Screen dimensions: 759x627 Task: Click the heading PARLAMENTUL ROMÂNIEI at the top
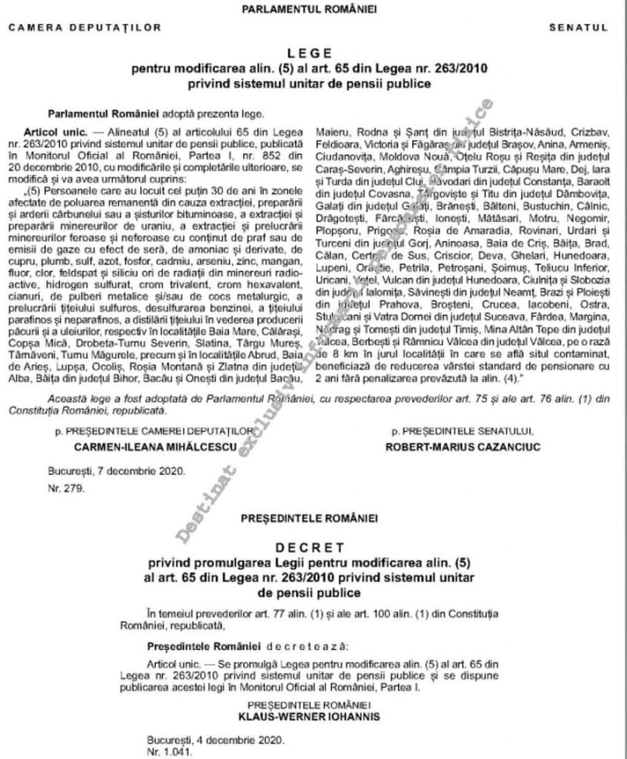pos(313,8)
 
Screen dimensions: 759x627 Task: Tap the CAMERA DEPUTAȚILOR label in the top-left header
pos(85,27)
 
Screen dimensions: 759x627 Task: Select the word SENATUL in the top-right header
pos(578,27)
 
